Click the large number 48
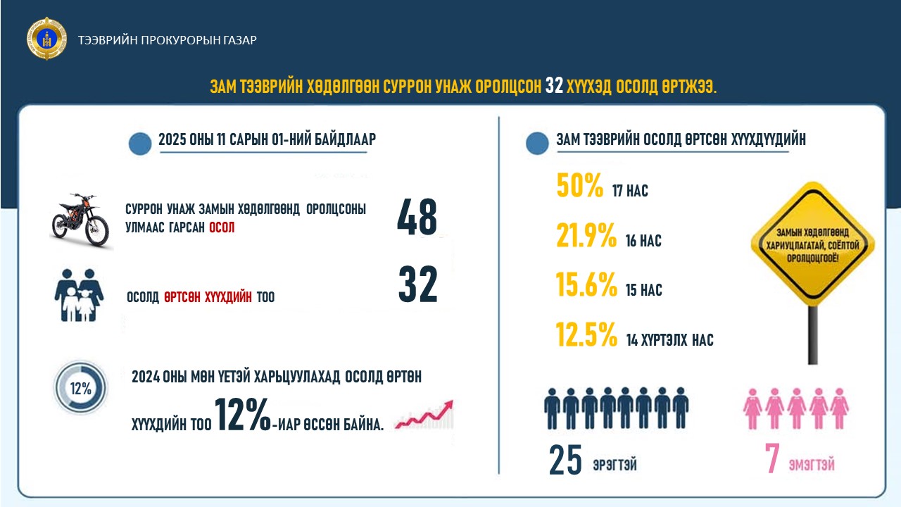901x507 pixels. coord(417,217)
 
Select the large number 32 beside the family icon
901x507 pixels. coord(417,285)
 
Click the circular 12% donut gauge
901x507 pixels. coord(81,388)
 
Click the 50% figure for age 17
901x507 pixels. coord(580,185)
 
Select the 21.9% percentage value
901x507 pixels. coord(586,237)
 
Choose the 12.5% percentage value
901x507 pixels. coord(586,335)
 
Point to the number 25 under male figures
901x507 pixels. coord(565,460)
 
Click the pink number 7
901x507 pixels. coord(772,459)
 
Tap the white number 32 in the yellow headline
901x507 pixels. coord(555,86)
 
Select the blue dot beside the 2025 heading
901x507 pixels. coord(141,144)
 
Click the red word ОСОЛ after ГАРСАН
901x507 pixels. coord(222,229)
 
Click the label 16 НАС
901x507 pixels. coord(643,242)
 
